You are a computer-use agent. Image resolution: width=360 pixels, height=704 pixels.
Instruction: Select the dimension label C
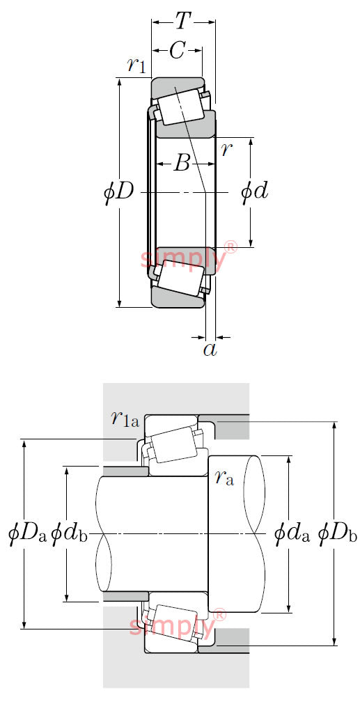click(x=177, y=52)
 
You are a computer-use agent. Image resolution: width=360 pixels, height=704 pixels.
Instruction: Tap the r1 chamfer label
click(x=136, y=65)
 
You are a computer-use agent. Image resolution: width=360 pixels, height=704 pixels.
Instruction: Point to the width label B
click(x=182, y=164)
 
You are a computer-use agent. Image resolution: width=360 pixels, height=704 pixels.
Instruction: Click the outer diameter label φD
click(x=118, y=193)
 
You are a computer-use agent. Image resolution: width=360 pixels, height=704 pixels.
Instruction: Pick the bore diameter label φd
click(x=254, y=193)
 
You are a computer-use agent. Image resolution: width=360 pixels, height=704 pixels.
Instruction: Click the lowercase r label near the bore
click(x=227, y=150)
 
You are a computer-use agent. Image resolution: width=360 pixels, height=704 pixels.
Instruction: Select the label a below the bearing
click(x=210, y=350)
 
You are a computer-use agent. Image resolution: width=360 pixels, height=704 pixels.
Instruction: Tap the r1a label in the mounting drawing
click(x=125, y=419)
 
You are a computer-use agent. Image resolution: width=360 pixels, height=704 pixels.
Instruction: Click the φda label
click(x=292, y=533)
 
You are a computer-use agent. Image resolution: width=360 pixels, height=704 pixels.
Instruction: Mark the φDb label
click(x=338, y=533)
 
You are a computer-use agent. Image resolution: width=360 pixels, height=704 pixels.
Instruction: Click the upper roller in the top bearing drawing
click(x=181, y=107)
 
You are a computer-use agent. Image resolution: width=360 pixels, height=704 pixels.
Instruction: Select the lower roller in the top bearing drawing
click(x=181, y=279)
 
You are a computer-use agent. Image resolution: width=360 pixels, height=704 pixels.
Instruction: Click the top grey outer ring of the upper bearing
click(x=178, y=86)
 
